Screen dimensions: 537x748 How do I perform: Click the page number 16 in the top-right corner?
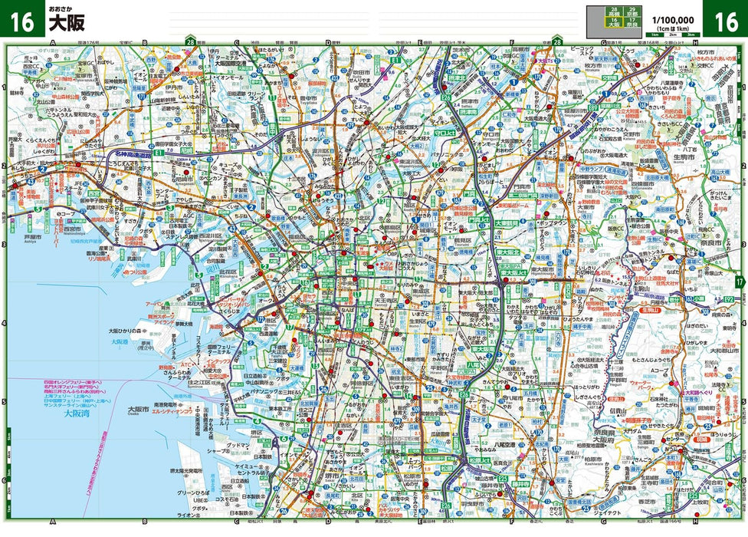[725, 21]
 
